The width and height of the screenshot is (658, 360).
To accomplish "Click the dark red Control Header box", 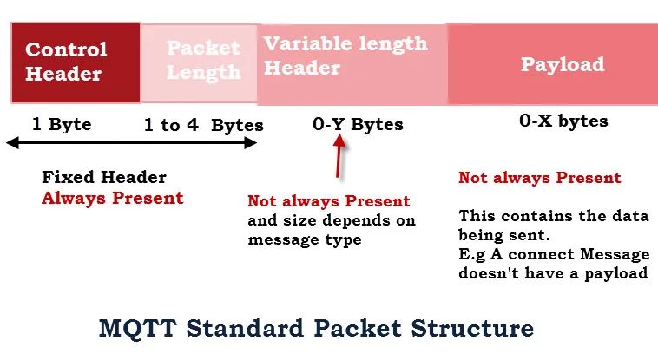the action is (76, 63).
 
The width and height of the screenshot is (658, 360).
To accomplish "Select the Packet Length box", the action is (199, 63).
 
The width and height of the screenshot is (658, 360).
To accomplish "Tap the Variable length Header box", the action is (352, 64).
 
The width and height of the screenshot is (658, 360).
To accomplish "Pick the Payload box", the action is (553, 64).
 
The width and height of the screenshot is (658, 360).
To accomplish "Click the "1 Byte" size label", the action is (62, 124).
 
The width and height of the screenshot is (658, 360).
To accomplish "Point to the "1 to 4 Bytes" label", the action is (203, 125).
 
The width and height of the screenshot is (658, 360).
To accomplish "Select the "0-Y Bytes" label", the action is (358, 125).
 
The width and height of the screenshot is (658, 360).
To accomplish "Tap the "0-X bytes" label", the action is (563, 121).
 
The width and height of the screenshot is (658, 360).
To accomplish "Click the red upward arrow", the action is (339, 155).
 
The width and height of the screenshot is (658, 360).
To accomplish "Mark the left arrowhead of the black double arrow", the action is (13, 143).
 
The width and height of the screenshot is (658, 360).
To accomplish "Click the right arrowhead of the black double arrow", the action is (251, 143).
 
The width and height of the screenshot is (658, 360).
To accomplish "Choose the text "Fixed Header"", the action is (104, 177).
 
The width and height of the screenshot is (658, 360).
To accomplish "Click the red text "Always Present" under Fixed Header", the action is (113, 198).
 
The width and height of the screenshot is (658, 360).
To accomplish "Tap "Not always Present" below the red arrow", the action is (329, 201).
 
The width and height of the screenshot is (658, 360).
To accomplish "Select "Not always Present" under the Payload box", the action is (540, 178).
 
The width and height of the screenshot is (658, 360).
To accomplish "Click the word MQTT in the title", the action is (137, 328).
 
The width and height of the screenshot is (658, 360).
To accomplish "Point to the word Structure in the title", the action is (472, 328).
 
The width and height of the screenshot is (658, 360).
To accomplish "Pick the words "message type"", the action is (305, 240).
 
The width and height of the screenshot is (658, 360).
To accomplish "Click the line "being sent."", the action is (504, 235).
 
